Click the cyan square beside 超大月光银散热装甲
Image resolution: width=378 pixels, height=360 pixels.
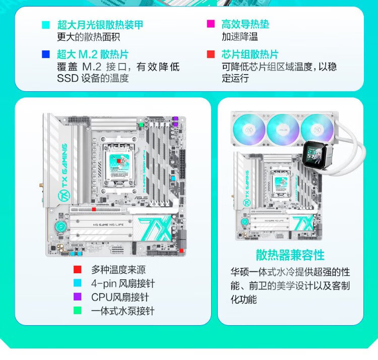[x=46, y=25]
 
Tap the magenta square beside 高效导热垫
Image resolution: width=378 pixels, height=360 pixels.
[x=211, y=24]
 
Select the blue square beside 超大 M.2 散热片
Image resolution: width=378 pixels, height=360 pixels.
[x=46, y=54]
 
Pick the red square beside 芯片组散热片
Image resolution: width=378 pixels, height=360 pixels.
[x=211, y=54]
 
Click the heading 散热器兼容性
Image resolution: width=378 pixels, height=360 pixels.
[x=290, y=255]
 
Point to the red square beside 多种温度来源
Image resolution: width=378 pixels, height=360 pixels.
[x=78, y=270]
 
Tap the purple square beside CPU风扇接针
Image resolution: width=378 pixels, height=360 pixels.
[x=78, y=297]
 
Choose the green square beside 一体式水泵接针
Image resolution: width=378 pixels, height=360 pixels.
[x=78, y=311]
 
